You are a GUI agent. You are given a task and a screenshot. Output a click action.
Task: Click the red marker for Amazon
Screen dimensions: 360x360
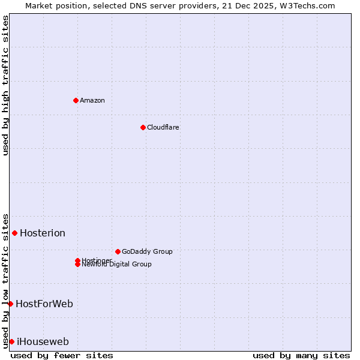point(76,100)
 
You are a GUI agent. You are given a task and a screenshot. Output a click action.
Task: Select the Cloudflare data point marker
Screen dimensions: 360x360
point(143,127)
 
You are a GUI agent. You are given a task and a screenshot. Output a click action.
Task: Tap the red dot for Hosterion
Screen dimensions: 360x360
point(14,233)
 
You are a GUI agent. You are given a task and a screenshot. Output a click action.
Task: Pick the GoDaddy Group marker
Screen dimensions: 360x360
point(118,251)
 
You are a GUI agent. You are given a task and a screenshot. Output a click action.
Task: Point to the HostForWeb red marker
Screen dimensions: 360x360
point(10,304)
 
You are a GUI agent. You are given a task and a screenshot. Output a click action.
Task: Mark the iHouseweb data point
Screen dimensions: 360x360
point(11,341)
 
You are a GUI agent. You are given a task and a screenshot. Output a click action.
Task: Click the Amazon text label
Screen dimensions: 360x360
point(92,100)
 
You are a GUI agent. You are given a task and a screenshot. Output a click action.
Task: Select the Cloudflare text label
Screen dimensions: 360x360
point(163,127)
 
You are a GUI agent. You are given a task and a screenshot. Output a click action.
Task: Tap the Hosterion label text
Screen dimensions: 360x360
point(43,233)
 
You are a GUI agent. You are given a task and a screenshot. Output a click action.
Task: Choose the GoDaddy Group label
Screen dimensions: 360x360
point(147,251)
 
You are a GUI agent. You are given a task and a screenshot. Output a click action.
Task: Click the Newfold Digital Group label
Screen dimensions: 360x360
point(116,265)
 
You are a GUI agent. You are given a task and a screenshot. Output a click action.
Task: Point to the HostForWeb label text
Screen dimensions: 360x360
point(44,304)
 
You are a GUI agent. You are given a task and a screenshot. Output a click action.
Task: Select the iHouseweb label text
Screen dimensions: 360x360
point(43,342)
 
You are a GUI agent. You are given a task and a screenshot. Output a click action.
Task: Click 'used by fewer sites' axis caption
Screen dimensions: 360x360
point(62,355)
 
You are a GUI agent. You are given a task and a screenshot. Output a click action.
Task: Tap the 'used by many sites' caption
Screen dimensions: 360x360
point(301,355)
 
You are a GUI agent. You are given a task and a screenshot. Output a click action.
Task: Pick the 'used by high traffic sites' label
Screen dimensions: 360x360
point(5,85)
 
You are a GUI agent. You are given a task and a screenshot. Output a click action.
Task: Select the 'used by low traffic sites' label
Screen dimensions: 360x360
point(5,280)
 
